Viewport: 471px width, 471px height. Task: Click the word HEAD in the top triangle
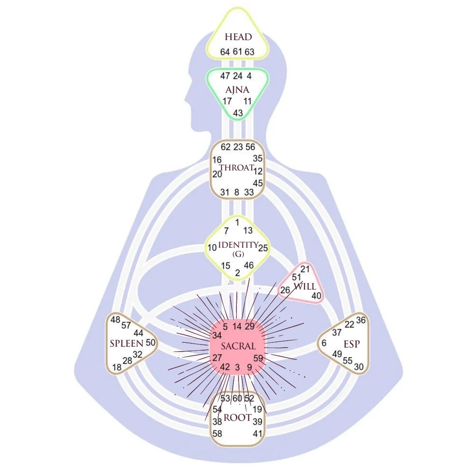[238, 37]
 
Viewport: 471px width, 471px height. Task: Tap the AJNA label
[237, 90]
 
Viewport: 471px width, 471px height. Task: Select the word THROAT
[236, 168]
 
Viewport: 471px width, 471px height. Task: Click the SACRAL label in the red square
[238, 346]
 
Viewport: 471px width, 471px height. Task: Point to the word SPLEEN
[126, 343]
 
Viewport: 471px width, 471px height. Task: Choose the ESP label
[352, 344]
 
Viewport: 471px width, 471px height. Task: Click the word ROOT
[237, 418]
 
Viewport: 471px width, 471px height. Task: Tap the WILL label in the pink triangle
[304, 287]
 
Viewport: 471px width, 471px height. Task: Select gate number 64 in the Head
[225, 52]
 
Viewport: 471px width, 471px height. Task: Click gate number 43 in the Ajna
[238, 113]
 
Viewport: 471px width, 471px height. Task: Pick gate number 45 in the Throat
[258, 183]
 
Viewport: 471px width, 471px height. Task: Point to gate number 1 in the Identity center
[237, 222]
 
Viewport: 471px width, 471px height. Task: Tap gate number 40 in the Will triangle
[316, 296]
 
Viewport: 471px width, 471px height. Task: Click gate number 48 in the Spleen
[115, 320]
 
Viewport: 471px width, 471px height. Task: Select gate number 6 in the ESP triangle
[324, 343]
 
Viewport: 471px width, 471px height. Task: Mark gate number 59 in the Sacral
[258, 358]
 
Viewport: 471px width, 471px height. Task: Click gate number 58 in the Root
[217, 433]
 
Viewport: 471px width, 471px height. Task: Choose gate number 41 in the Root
[258, 433]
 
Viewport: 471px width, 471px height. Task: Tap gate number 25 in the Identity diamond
[263, 248]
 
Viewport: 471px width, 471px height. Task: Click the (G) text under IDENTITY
[238, 254]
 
